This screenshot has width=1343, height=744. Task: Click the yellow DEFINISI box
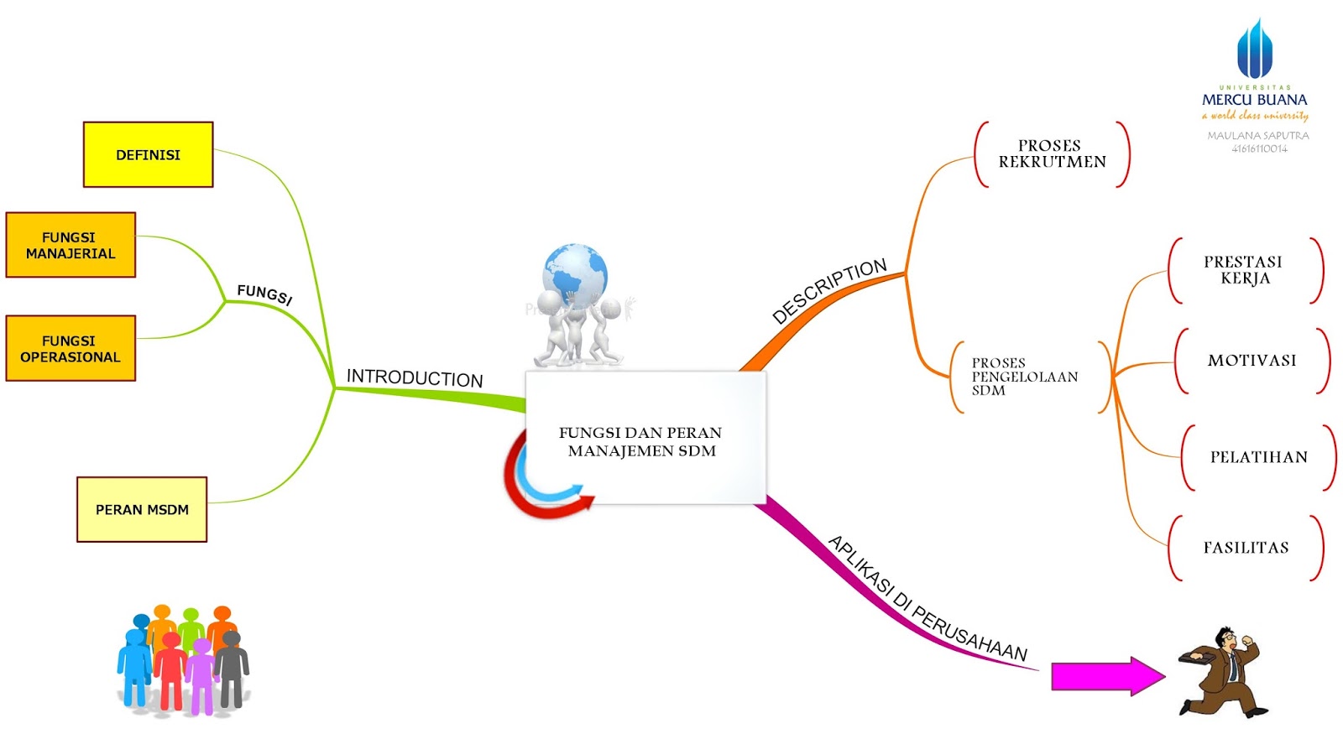tap(148, 154)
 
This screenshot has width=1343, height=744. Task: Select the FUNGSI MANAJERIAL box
tap(71, 245)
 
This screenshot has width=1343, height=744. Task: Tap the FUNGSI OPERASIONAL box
tap(71, 348)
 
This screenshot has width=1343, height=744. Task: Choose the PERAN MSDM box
tap(142, 509)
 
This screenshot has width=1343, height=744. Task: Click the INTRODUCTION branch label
tap(415, 377)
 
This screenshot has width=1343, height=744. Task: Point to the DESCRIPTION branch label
tap(829, 290)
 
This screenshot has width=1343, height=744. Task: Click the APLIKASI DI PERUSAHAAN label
tap(928, 598)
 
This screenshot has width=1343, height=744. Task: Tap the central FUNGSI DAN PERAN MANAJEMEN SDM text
tap(641, 441)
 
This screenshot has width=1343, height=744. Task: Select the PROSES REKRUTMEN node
tap(1052, 153)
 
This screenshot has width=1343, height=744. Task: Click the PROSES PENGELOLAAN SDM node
tap(1024, 377)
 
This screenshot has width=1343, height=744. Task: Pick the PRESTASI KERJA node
tap(1244, 270)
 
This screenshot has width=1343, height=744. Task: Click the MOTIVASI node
tap(1252, 361)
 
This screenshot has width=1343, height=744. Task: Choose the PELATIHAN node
tap(1258, 457)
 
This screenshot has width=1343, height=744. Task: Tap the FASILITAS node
tap(1246, 548)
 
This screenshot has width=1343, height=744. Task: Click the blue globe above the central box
tap(575, 272)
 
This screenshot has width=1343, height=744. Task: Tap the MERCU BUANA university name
tap(1254, 100)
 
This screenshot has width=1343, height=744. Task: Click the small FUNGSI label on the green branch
tap(264, 294)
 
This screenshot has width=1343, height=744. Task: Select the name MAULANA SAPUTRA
tap(1257, 135)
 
